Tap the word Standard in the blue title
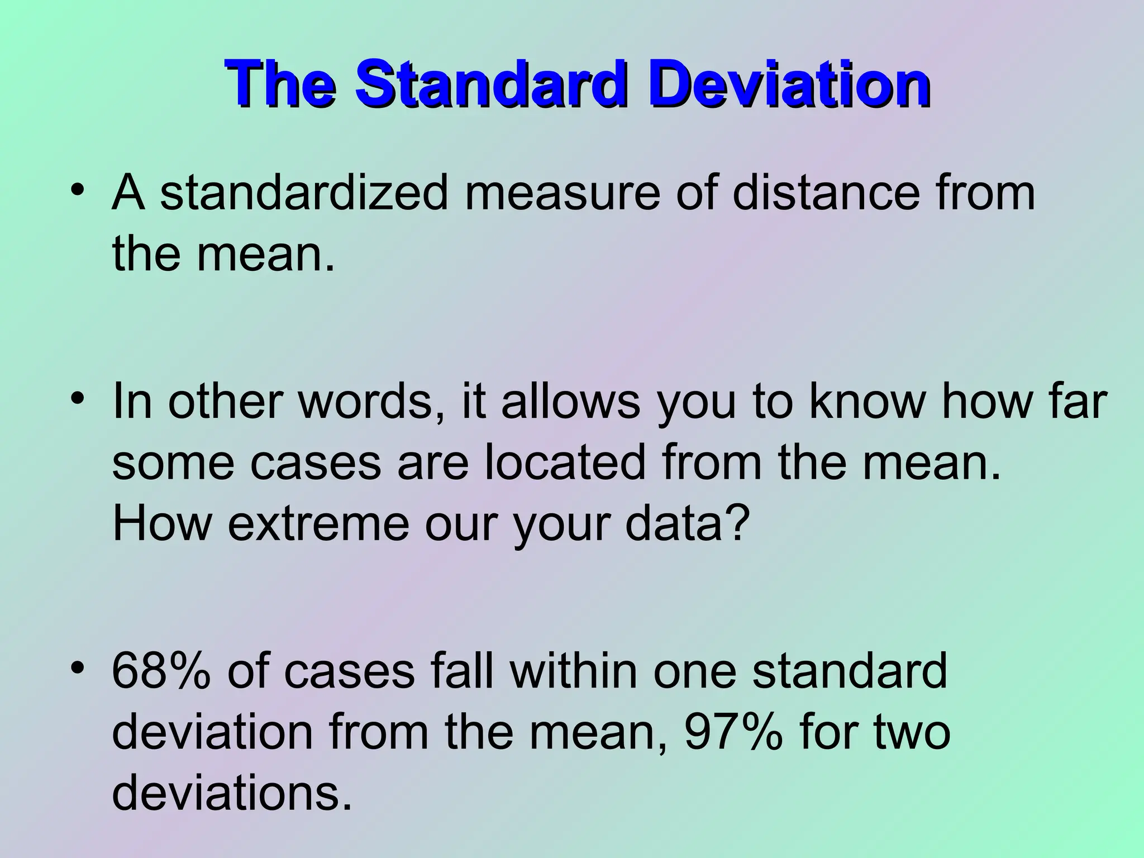pyautogui.click(x=490, y=87)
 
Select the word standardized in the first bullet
pyautogui.click(x=304, y=193)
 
